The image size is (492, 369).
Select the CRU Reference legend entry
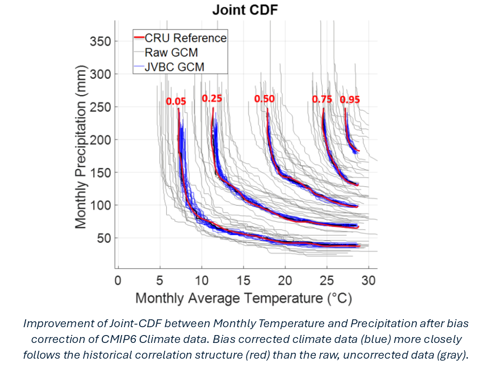tap(185, 38)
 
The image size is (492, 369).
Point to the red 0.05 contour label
tap(176, 101)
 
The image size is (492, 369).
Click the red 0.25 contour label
tap(212, 98)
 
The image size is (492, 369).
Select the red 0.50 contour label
tap(264, 99)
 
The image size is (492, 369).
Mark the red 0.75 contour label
tap(322, 99)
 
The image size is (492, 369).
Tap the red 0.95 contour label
tap(350, 99)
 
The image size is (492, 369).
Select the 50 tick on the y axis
tap(103, 238)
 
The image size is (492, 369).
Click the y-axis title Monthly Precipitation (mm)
tap(81, 148)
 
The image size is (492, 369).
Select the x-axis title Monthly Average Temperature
tap(244, 299)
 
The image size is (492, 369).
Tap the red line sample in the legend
tap(139, 38)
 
